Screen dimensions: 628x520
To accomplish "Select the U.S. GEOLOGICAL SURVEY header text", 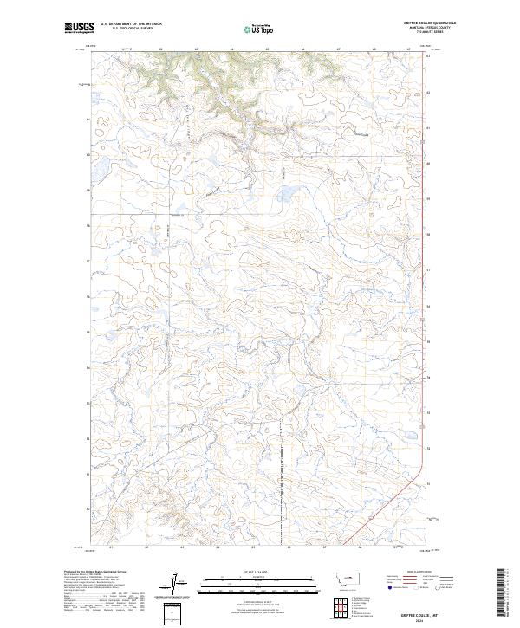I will point(126,29).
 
